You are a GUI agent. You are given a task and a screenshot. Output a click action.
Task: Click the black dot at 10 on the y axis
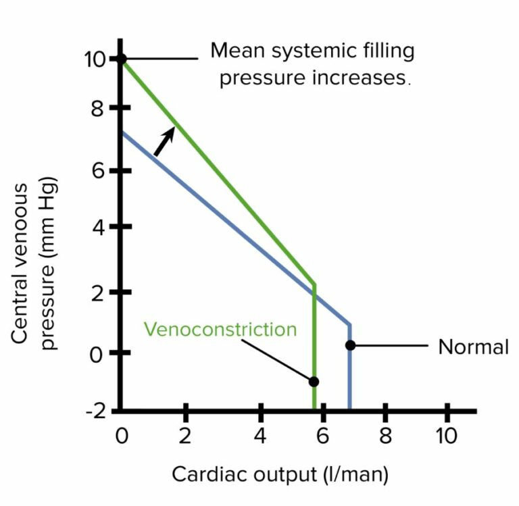click(x=121, y=59)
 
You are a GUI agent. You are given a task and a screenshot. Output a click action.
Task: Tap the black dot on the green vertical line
click(x=314, y=381)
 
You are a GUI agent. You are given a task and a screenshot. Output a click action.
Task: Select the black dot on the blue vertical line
click(x=349, y=345)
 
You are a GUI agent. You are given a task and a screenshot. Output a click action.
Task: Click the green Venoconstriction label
click(x=220, y=330)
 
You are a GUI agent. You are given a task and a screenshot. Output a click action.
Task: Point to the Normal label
click(x=473, y=347)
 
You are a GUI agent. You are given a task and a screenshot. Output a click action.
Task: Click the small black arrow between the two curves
click(x=164, y=141)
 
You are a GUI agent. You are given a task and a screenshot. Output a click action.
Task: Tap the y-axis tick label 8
click(x=99, y=109)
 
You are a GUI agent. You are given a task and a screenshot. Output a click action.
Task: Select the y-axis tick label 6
click(x=99, y=171)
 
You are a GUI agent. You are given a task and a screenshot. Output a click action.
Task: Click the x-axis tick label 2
click(x=185, y=436)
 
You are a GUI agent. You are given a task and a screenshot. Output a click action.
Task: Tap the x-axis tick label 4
click(x=260, y=436)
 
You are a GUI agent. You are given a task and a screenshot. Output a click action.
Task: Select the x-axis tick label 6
click(x=322, y=436)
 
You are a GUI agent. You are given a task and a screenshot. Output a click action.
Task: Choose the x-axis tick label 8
click(x=385, y=436)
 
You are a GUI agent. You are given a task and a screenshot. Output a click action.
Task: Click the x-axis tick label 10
click(x=446, y=436)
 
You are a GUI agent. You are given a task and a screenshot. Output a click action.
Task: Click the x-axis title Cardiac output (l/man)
click(x=280, y=474)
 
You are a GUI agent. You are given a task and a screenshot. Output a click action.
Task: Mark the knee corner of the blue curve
click(x=349, y=324)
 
